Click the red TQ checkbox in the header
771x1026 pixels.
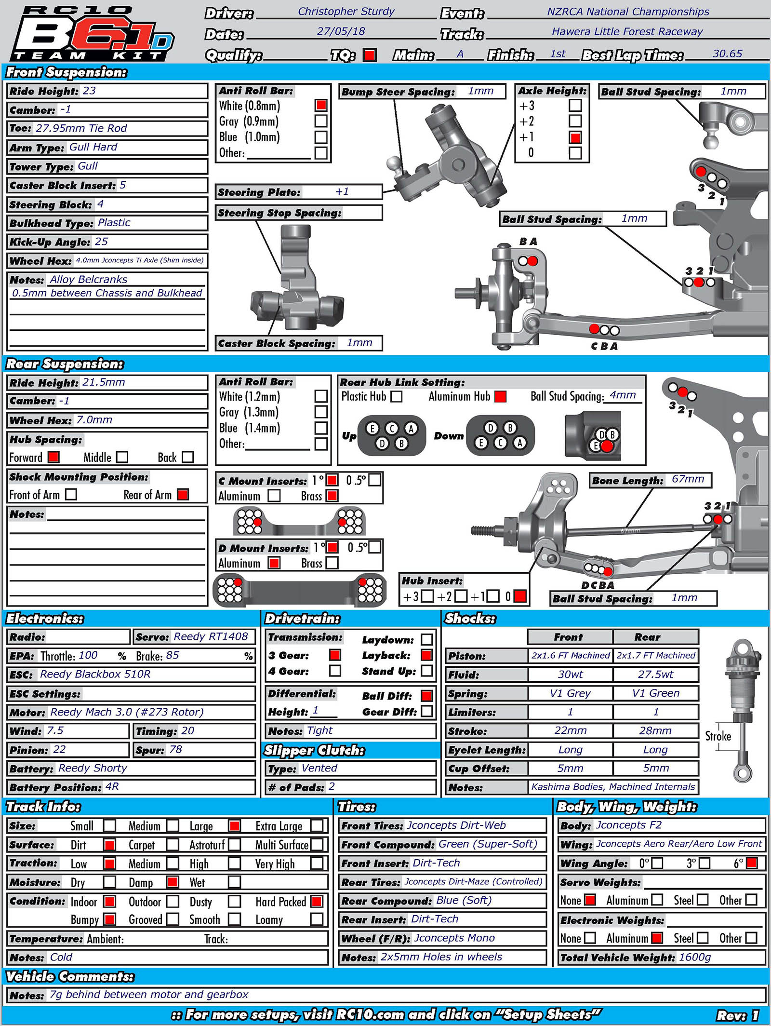coord(370,55)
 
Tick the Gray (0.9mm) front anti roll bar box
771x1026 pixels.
coord(321,121)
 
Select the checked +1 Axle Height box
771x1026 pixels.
coord(575,137)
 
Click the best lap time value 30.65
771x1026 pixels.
coord(727,54)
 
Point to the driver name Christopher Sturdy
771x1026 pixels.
coord(346,12)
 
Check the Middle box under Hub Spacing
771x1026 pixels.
coord(122,457)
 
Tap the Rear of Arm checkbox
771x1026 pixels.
coord(183,494)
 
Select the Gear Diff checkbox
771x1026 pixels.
coord(426,711)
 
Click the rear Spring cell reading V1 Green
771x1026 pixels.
coord(655,693)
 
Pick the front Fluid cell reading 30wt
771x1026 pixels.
coord(570,674)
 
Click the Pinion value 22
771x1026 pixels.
coord(59,749)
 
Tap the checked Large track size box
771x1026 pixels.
coord(235,825)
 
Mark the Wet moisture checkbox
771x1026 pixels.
coord(234,882)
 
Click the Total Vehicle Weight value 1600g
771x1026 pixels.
coord(694,957)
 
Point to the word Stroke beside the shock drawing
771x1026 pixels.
coord(718,736)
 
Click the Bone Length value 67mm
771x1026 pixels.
coord(688,479)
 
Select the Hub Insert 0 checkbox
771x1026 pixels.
coord(520,596)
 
